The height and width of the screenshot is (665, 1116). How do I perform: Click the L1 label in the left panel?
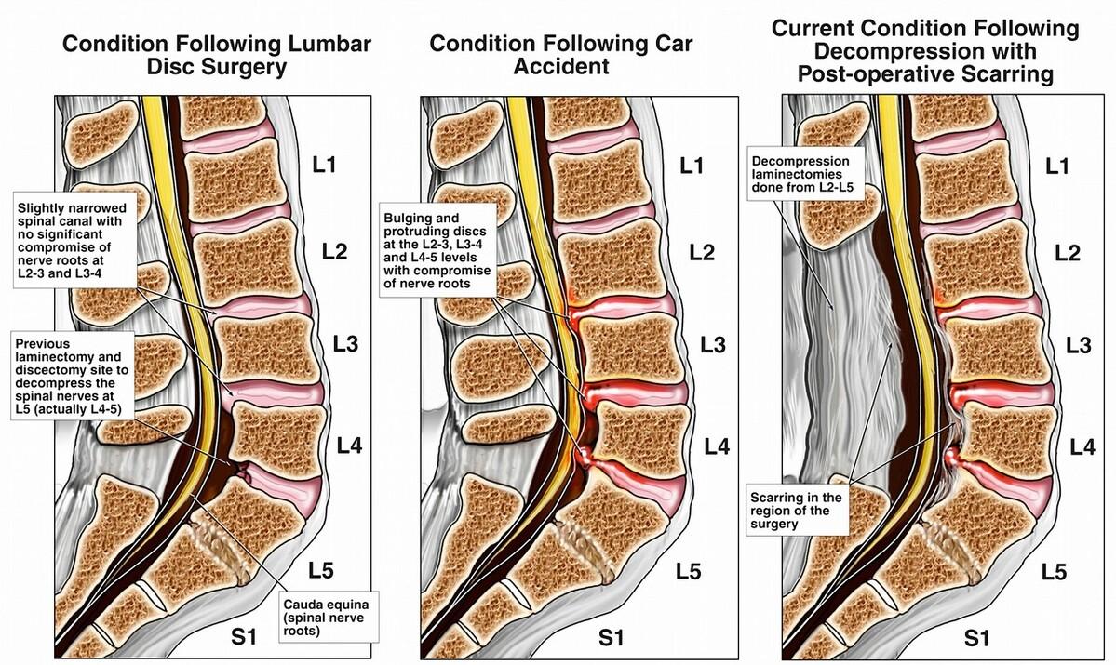click(325, 168)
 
